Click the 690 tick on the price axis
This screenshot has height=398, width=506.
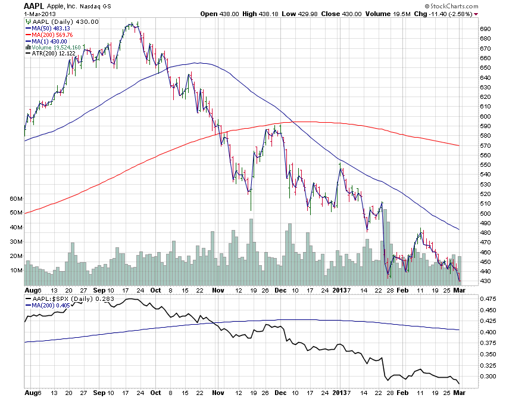tap(485, 29)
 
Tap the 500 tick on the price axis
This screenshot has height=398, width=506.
tap(485, 213)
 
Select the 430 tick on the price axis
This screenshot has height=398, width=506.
tap(485, 281)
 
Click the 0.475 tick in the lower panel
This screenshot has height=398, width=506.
tap(487, 298)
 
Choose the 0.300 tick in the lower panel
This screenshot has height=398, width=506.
tap(487, 377)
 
